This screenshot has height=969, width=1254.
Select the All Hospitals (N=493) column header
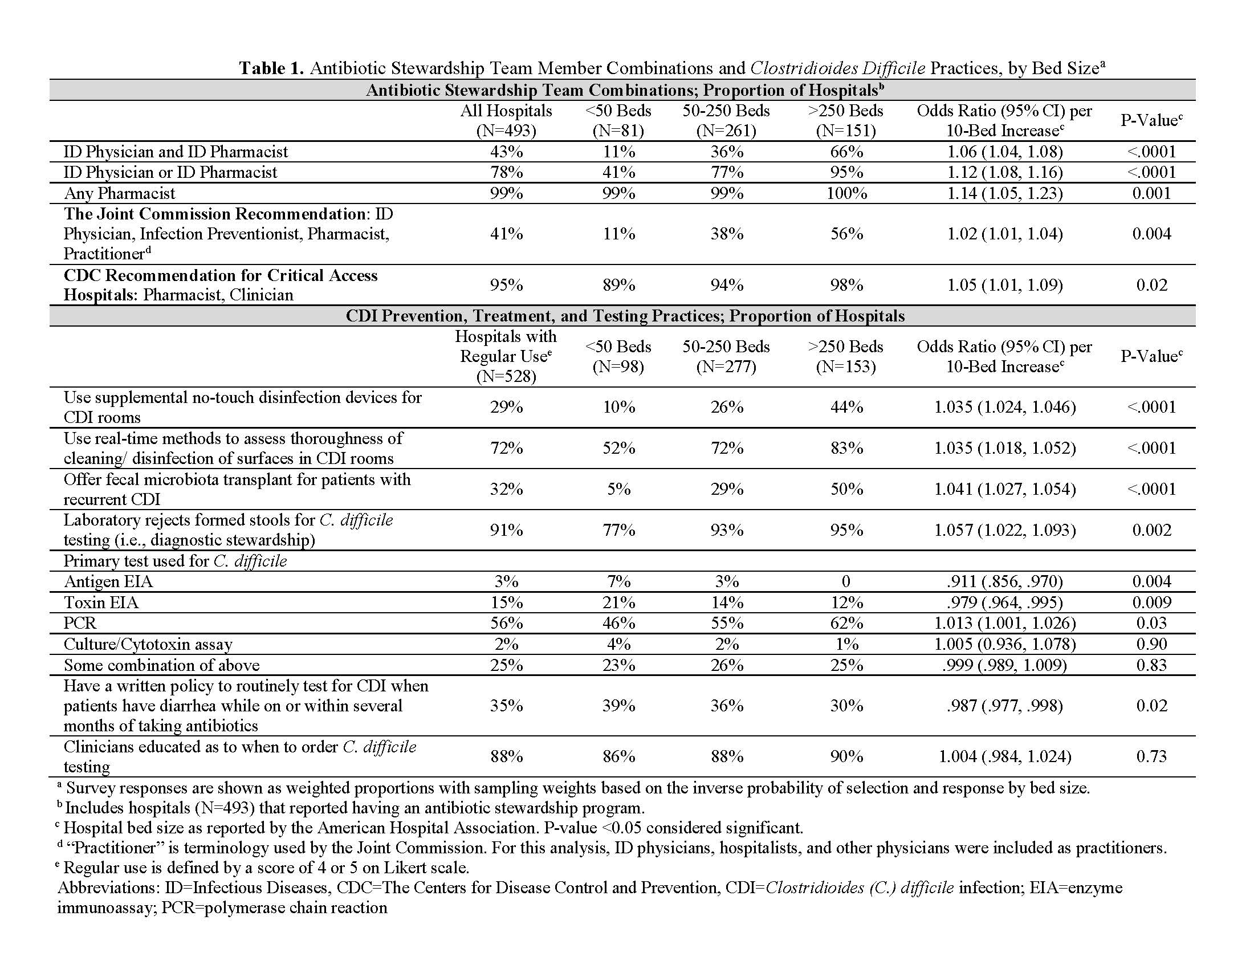[506, 120]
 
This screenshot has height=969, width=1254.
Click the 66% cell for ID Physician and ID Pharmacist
[846, 152]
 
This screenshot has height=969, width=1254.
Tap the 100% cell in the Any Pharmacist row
[846, 193]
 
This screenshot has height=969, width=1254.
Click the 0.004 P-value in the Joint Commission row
[1151, 234]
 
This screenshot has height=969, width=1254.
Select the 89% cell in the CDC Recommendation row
[618, 285]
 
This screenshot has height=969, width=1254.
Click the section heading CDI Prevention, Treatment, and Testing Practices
[625, 316]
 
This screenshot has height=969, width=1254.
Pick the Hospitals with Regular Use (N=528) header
[506, 356]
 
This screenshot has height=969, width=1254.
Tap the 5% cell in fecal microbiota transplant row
[618, 489]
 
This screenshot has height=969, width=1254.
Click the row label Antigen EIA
[108, 581]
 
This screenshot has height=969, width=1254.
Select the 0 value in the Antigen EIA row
[846, 581]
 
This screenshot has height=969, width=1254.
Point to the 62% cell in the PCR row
[846, 623]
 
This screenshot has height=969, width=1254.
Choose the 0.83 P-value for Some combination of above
[1151, 665]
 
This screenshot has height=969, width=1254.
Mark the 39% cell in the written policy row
[618, 706]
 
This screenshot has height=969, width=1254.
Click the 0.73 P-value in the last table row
[1151, 756]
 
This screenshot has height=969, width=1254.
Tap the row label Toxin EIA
[101, 602]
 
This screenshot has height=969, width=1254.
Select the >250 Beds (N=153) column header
[846, 356]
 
